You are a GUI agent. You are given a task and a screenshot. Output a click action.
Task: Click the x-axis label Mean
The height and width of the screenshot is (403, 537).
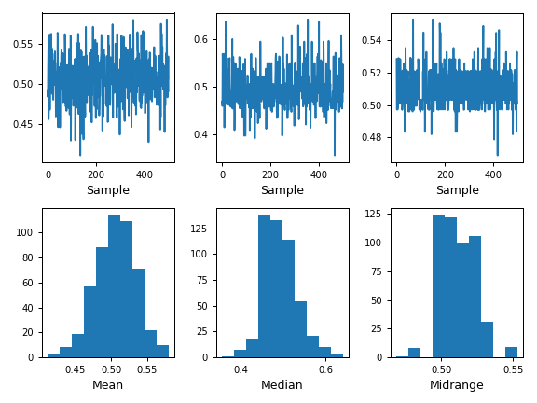[x=107, y=385]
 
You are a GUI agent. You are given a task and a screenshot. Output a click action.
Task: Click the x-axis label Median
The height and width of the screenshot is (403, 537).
[x=282, y=385]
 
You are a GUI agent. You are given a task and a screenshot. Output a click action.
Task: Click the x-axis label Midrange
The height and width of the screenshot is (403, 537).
[x=457, y=385]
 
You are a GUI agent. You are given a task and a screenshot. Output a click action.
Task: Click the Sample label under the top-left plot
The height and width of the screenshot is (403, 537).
[x=107, y=190]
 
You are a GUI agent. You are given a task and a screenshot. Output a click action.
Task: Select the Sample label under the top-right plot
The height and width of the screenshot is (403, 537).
[x=457, y=190]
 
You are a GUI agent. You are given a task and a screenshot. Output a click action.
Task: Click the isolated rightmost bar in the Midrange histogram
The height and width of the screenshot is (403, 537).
[x=511, y=352]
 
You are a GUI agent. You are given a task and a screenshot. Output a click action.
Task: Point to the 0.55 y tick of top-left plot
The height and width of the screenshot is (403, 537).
[x=27, y=43]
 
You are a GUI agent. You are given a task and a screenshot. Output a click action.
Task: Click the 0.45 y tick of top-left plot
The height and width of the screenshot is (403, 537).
[x=27, y=123]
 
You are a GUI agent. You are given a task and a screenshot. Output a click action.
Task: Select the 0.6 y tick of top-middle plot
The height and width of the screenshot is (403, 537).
[x=205, y=39]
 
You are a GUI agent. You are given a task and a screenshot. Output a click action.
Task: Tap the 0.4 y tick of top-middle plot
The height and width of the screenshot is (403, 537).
[x=205, y=134]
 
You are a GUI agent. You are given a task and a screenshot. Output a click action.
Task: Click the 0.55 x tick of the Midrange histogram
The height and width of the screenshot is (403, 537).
[x=512, y=368]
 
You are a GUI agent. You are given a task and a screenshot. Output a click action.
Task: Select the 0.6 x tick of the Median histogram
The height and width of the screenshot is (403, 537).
[x=325, y=368]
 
